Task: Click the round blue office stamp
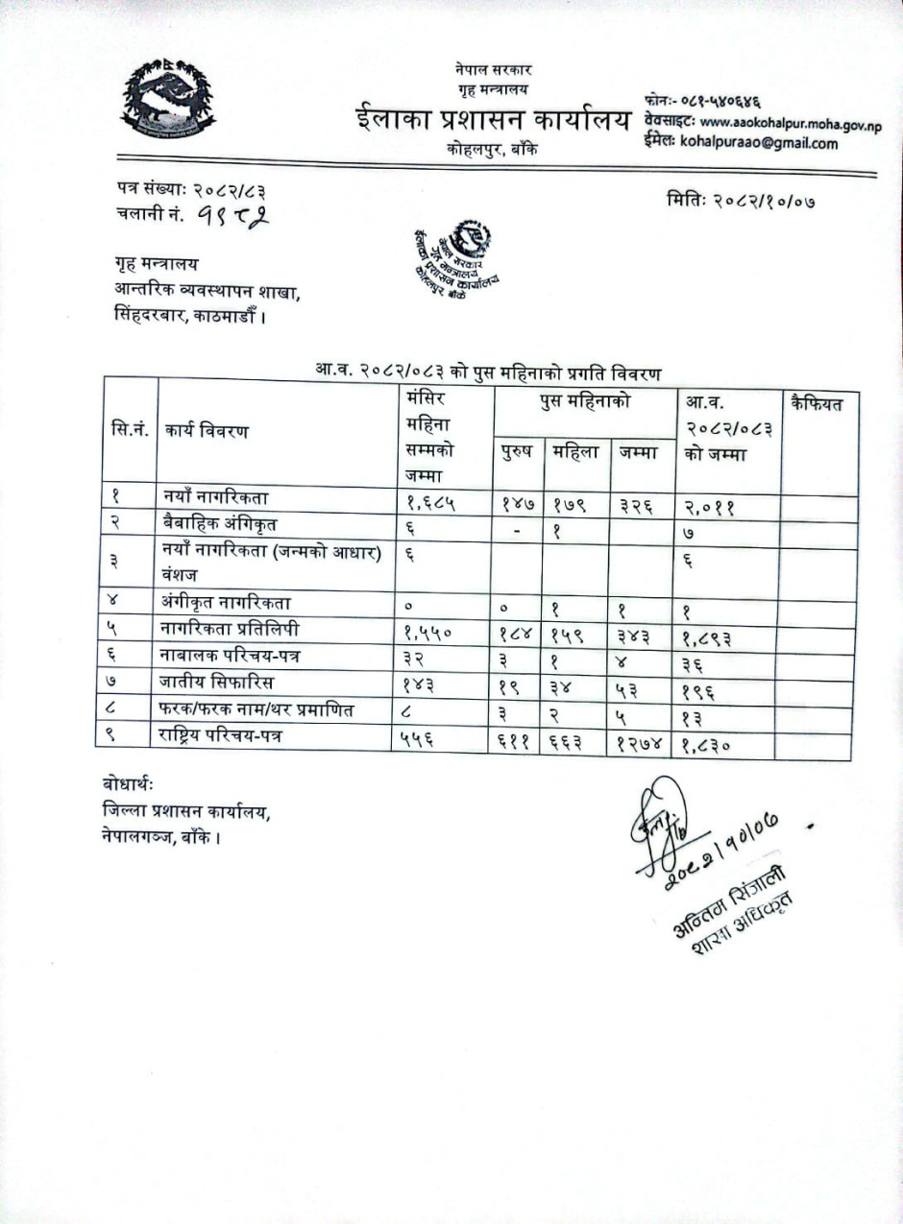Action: pos(456,259)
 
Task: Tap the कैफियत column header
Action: pos(816,403)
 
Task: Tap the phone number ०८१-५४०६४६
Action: pos(711,102)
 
